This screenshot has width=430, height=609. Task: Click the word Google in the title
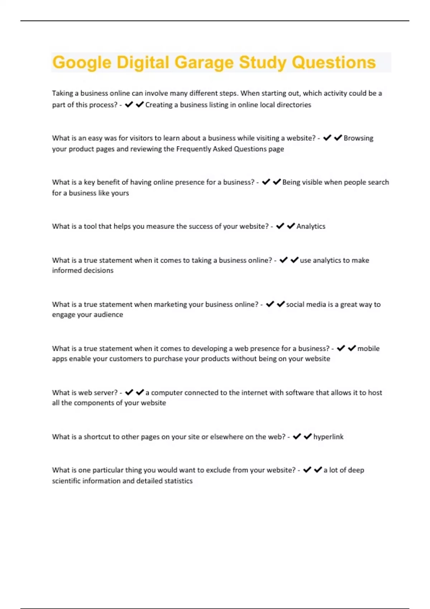point(82,63)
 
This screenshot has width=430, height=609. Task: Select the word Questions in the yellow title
point(334,63)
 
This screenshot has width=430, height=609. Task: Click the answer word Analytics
point(311,226)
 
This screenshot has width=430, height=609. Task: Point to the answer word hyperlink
point(328,437)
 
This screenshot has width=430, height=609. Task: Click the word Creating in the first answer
point(158,105)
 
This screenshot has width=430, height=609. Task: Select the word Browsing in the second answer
point(358,138)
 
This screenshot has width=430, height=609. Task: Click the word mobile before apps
point(368,349)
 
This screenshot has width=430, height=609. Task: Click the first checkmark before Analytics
point(280,226)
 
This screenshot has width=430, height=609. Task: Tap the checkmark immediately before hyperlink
point(307,436)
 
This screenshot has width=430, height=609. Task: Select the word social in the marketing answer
point(295,304)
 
